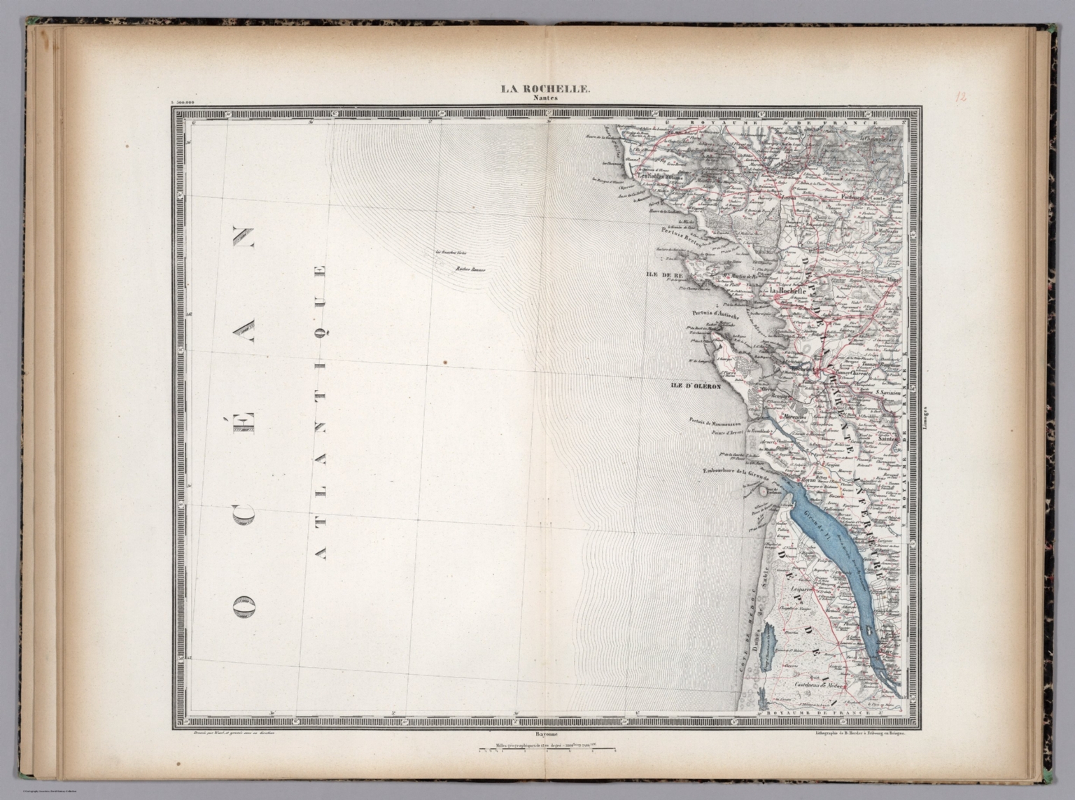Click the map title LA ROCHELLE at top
point(544,89)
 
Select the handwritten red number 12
point(961,97)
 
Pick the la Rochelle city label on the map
point(789,290)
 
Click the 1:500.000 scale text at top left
point(181,102)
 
